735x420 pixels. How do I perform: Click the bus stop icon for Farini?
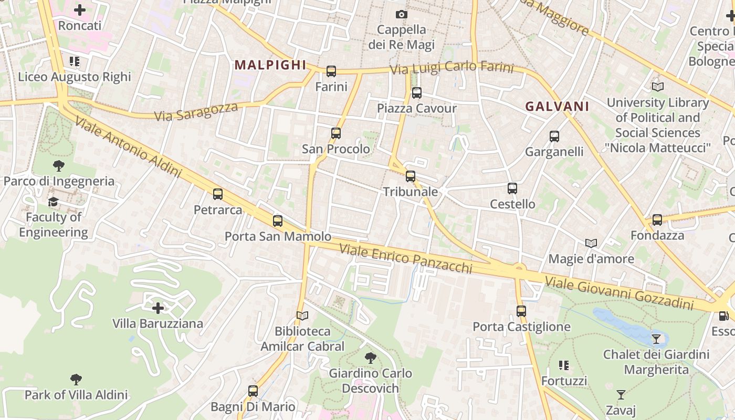(331, 71)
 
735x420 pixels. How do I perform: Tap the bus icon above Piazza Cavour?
(416, 93)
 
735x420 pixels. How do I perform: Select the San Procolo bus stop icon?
(336, 133)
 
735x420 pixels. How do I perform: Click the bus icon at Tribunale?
(411, 176)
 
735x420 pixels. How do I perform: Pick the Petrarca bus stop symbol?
(218, 194)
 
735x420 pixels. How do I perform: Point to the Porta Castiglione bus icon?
(521, 311)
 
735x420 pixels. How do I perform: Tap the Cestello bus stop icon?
(512, 188)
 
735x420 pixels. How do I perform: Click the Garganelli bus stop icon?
(554, 136)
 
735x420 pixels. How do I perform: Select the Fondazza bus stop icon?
(657, 220)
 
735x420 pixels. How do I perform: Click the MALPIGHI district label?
(270, 65)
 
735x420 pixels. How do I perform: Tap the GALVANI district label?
(557, 107)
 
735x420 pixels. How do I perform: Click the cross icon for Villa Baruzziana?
(157, 308)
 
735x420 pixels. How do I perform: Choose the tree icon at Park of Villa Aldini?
(76, 379)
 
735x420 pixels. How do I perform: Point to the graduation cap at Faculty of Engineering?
(53, 202)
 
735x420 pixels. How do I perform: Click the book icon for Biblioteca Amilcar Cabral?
(302, 316)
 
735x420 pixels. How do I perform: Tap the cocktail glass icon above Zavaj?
(621, 395)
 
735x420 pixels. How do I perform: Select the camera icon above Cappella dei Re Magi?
(402, 14)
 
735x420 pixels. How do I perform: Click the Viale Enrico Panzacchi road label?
(406, 258)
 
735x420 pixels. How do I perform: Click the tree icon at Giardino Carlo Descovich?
(371, 358)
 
